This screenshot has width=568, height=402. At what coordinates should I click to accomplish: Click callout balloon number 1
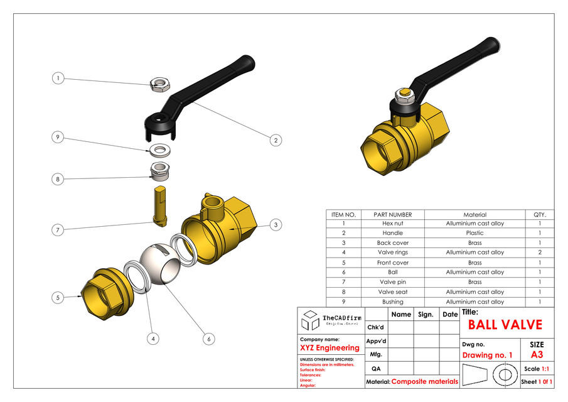(58, 79)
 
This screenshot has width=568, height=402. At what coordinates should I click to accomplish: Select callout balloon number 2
(275, 140)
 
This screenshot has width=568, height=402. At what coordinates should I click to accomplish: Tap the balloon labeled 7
(58, 231)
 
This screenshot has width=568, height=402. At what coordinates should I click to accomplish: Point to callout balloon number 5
(58, 298)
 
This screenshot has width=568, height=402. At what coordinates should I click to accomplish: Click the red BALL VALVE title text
(505, 325)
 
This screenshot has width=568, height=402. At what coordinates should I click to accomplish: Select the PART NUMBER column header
(393, 215)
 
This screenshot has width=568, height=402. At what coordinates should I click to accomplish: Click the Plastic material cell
(474, 233)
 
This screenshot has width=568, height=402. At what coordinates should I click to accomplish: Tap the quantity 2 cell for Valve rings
(540, 253)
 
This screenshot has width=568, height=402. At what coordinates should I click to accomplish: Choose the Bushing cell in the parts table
(393, 302)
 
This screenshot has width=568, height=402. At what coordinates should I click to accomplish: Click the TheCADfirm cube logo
(310, 320)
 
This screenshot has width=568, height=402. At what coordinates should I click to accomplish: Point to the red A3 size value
(537, 355)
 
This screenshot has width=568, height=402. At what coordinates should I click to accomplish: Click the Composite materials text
(425, 381)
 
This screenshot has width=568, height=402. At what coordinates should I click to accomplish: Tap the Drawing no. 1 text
(487, 356)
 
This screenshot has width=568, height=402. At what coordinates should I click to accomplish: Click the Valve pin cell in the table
(393, 282)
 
